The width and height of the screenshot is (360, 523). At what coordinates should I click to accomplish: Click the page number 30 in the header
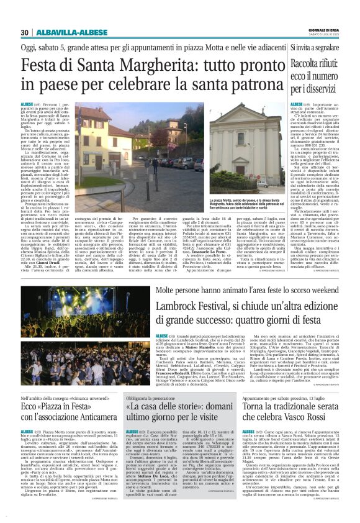[x=25, y=32]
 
